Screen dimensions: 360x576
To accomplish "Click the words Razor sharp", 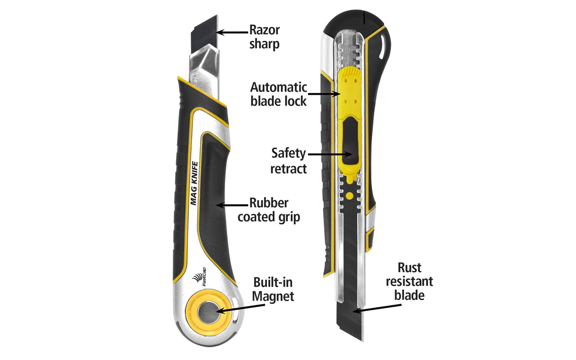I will click(x=264, y=37).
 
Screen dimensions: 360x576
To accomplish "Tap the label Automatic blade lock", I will click(x=278, y=94).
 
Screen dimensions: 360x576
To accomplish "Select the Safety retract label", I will click(x=288, y=161).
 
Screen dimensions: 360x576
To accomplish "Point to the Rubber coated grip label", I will click(x=269, y=210).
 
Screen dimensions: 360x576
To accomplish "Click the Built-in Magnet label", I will click(x=273, y=289).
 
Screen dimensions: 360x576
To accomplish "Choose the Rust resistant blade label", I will click(x=409, y=281).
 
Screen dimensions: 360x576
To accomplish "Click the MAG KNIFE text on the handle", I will click(x=194, y=183).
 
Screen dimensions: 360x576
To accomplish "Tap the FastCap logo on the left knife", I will click(x=199, y=277).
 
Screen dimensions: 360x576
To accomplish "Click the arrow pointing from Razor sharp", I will click(x=232, y=32).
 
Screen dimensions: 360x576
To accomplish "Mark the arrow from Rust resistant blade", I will click(x=377, y=308).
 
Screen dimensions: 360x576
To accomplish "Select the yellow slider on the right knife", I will click(x=350, y=120).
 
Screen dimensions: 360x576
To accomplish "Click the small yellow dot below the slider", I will click(x=350, y=195).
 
